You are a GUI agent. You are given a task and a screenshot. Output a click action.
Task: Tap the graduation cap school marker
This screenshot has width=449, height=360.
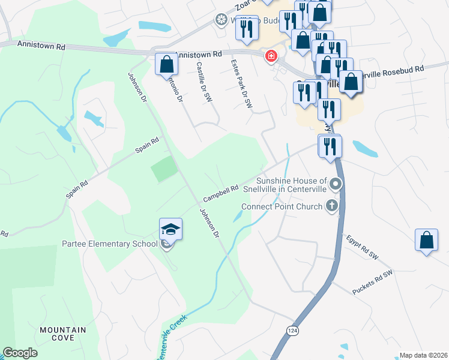(x=170, y=230)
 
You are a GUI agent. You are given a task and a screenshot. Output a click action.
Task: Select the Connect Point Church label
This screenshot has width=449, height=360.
(x=282, y=206)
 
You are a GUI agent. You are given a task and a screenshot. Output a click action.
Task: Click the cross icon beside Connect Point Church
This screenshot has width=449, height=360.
(x=331, y=206)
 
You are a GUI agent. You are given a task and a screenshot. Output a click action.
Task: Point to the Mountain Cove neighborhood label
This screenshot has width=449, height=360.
(x=62, y=334)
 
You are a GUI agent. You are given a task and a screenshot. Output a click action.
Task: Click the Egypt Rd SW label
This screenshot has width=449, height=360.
(x=363, y=247)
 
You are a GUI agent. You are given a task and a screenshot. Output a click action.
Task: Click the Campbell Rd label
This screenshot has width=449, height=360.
(x=221, y=192)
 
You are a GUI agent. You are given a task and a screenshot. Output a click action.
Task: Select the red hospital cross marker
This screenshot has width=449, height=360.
(x=271, y=56)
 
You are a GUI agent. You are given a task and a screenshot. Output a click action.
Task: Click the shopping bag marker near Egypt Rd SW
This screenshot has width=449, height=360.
(x=426, y=240)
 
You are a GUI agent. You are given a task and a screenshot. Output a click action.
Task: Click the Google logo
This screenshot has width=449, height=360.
(x=20, y=353)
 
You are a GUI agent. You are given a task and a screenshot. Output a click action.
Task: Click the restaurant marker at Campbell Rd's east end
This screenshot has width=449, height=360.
(x=330, y=146)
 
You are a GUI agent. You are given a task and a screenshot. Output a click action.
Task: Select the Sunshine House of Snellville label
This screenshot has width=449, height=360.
(x=291, y=184)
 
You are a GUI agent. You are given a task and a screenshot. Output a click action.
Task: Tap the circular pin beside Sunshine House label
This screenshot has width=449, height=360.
(x=336, y=184)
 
